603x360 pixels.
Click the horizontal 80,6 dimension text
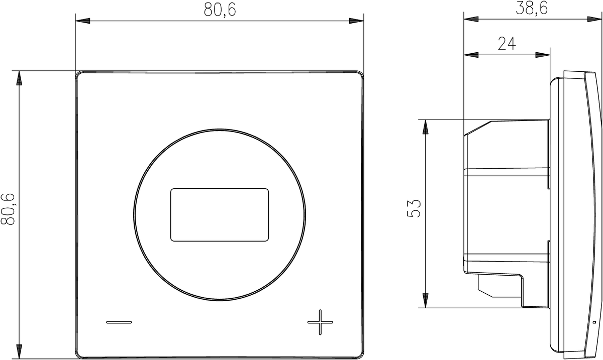(220, 10)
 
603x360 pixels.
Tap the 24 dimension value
(507, 44)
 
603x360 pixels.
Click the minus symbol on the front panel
(119, 322)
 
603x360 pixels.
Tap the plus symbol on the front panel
(320, 322)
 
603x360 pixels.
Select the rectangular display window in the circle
(220, 215)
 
